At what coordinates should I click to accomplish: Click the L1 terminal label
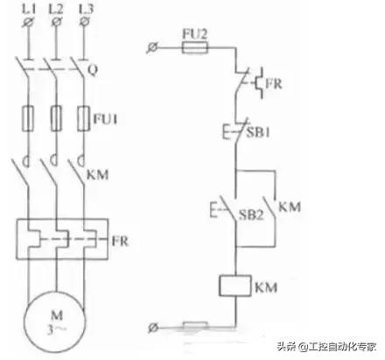tap(29, 10)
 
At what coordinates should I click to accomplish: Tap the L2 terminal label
tap(56, 10)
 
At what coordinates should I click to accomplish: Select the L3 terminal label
tap(87, 10)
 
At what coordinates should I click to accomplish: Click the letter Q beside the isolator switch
tap(93, 70)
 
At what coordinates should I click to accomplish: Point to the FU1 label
tap(105, 119)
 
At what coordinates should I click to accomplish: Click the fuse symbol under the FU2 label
tap(195, 47)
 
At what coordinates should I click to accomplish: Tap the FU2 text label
tap(195, 34)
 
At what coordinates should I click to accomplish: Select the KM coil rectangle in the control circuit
tap(235, 286)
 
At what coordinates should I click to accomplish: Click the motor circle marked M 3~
tap(55, 321)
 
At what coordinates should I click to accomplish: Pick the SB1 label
tap(258, 132)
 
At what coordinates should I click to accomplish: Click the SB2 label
tap(251, 215)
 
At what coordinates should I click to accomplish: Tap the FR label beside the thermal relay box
tap(120, 241)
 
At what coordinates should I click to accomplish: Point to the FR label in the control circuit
tap(274, 84)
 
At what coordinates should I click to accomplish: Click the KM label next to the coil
tap(266, 287)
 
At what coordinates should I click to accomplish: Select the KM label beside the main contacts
tap(98, 174)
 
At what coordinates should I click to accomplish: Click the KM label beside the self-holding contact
tap(290, 207)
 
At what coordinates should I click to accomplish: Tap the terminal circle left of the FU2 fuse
tap(152, 47)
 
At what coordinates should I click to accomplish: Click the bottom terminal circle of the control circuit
tap(152, 328)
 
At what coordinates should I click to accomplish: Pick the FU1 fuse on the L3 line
tap(84, 118)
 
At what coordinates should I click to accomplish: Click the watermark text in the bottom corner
tap(326, 347)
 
